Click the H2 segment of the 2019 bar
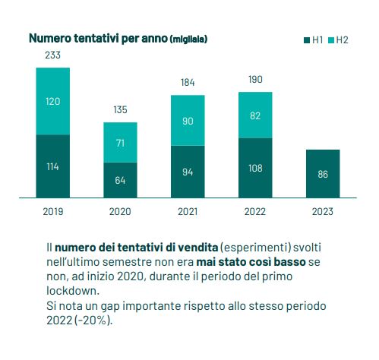pos(53,101)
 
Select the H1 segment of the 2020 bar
pos(120,180)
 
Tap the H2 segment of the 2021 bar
pos(188,121)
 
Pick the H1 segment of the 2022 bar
pos(255,168)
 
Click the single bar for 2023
pos(323,174)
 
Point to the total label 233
pos(52,55)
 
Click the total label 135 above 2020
pos(120,109)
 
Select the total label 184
pos(188,82)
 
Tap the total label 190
pos(255,79)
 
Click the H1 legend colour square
pos(307,40)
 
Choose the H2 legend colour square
pos(331,40)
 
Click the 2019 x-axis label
pos(53,211)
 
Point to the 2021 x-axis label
pos(188,211)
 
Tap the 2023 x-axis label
pos(323,211)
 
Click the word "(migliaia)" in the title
pos(189,39)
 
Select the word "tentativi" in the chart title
pos(96,39)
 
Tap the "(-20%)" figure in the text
pos(93,321)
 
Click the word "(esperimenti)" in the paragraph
pos(255,248)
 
